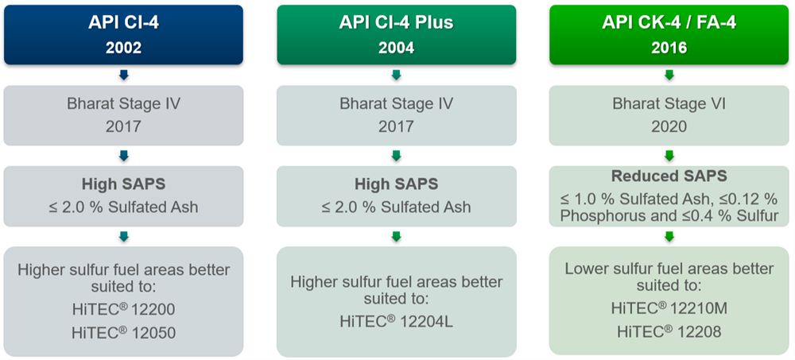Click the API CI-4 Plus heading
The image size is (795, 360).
coord(397,23)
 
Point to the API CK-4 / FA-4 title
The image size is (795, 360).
coord(669,23)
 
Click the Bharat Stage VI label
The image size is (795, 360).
coord(669,103)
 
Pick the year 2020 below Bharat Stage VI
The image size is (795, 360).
coord(669,126)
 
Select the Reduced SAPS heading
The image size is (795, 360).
coord(669,176)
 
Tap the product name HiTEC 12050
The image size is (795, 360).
coord(123,333)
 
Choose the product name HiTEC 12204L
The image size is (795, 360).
coord(397,321)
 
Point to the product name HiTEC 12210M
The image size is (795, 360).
coord(669,308)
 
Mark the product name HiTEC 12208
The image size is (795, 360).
coord(669,331)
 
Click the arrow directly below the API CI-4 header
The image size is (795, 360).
coord(123,75)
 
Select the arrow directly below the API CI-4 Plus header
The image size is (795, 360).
coord(397,75)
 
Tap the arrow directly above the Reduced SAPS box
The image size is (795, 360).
coord(669,156)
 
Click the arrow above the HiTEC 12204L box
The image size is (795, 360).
coord(397,236)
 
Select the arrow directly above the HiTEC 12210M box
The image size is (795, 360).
coord(669,236)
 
